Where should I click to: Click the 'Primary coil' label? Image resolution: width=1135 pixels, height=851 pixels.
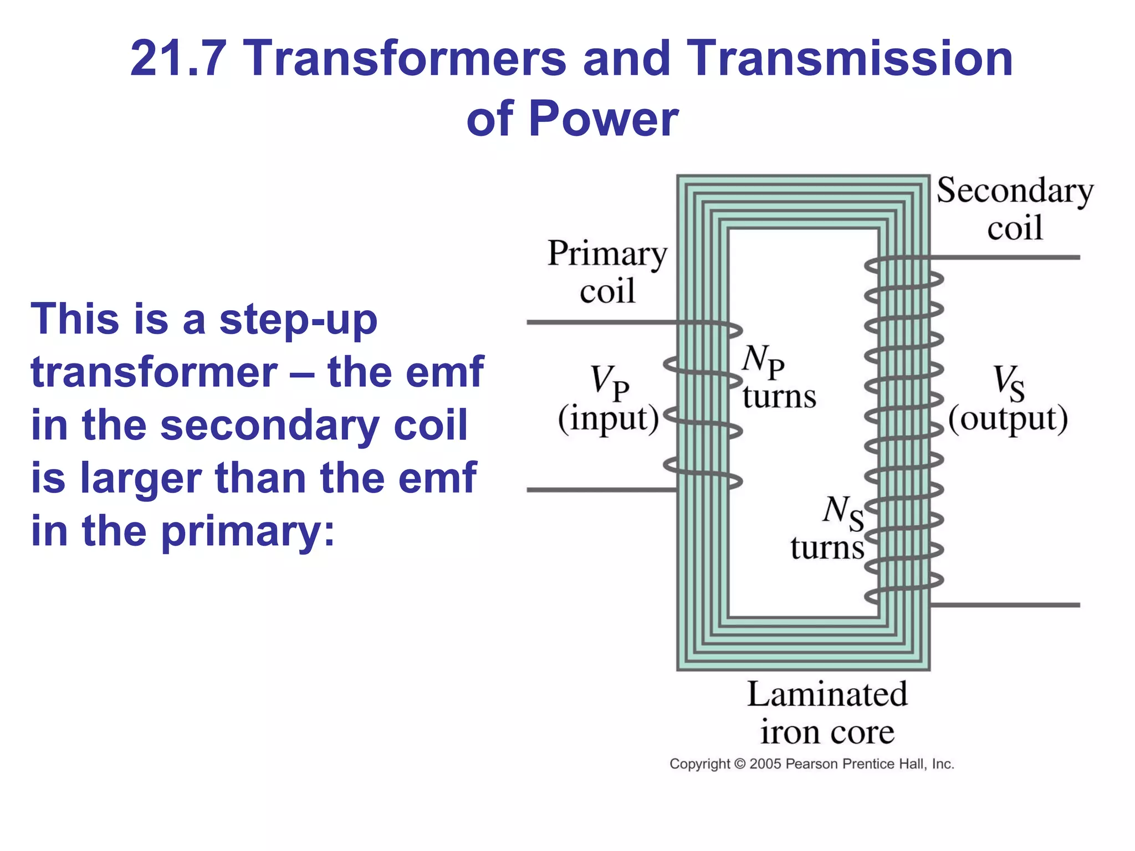click(607, 271)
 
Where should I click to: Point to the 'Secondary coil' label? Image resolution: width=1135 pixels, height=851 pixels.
click(1015, 209)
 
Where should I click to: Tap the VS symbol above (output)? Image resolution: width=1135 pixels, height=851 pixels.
click(1008, 382)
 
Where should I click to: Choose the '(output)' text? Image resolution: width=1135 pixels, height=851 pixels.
click(1008, 419)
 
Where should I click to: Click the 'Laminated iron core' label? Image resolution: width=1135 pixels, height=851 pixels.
click(827, 713)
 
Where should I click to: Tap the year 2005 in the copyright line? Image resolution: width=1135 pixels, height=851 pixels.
click(765, 764)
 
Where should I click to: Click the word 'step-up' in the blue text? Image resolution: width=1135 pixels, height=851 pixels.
click(298, 320)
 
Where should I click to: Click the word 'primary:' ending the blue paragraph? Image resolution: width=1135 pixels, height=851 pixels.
click(248, 531)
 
